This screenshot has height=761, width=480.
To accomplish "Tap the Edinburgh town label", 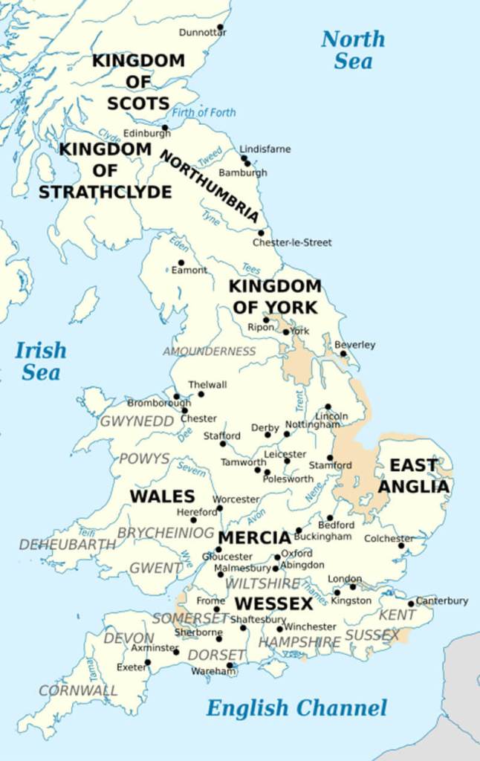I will click(141, 134).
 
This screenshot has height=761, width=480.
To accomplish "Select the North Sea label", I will click(353, 50).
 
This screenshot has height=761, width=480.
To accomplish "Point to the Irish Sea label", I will click(41, 361).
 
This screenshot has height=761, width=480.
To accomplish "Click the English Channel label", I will click(296, 708).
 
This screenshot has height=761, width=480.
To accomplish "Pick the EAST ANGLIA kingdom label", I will click(414, 476).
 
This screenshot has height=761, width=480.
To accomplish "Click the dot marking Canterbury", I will click(411, 603).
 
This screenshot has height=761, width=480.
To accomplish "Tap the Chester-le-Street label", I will click(292, 242).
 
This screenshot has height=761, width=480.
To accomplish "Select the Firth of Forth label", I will click(204, 113).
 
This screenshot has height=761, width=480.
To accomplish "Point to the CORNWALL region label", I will click(78, 690).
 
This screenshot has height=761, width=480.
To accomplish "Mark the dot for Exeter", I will click(147, 662).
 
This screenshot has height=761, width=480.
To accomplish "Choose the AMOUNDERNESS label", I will click(209, 352).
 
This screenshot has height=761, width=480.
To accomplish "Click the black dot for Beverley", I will click(343, 354).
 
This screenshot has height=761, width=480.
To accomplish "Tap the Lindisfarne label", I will click(265, 149).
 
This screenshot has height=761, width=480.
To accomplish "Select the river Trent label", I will click(299, 401).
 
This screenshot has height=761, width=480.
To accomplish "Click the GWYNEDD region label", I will click(137, 421).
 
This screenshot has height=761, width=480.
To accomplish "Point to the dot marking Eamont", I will click(181, 262).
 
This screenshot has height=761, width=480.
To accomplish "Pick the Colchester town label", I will click(389, 539).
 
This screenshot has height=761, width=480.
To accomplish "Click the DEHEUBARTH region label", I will click(68, 545).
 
